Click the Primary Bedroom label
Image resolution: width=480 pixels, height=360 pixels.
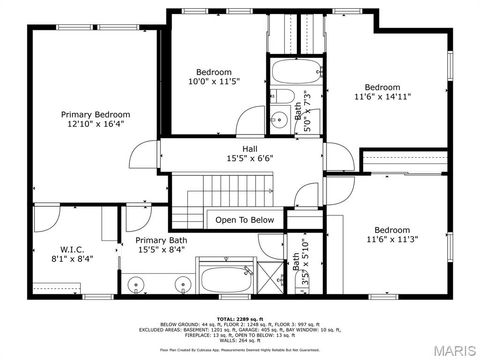[96, 115]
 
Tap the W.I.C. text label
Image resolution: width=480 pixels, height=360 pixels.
[71, 247]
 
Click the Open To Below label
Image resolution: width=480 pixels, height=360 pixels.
[244, 220]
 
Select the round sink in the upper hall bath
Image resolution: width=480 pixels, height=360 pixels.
[281, 118]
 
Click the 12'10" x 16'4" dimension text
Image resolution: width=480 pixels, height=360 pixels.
[96, 126]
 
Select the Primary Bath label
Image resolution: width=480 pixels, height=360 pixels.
[161, 240]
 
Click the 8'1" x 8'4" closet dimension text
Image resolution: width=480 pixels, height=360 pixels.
[71, 258]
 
